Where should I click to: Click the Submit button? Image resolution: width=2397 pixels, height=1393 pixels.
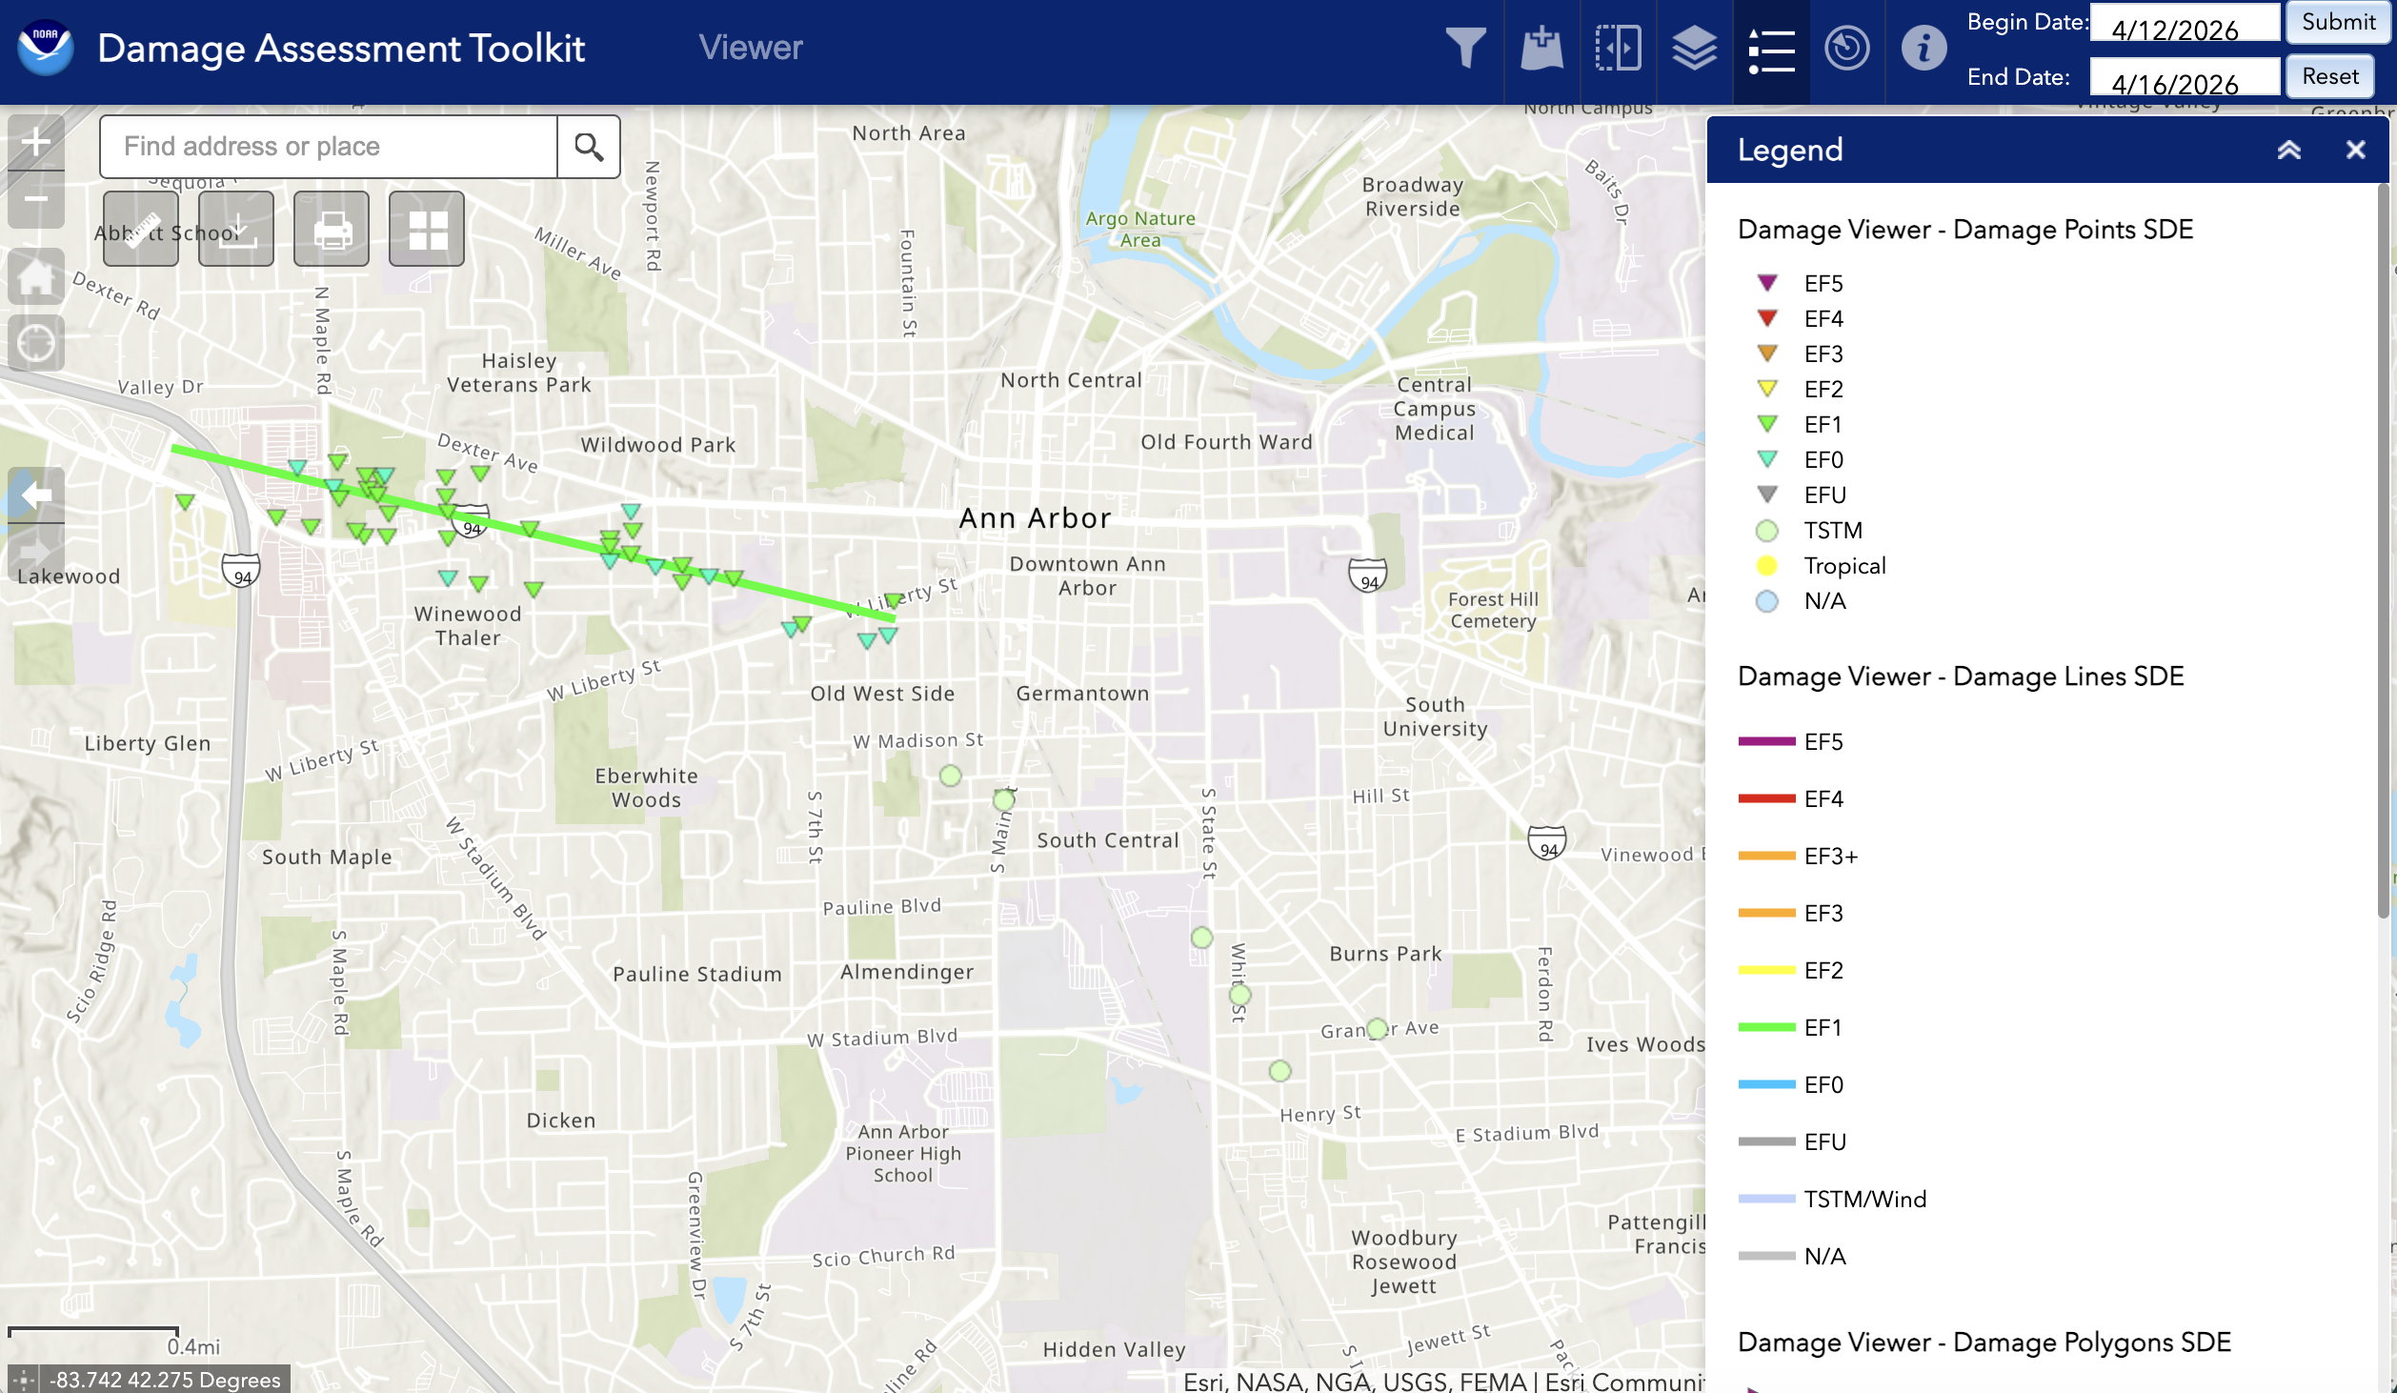tap(2337, 22)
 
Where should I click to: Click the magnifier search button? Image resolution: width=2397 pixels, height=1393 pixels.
tap(589, 147)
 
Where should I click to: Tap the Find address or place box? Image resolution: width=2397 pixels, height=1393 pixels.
tap(329, 147)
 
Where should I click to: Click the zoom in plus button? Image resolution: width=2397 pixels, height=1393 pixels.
tap(36, 142)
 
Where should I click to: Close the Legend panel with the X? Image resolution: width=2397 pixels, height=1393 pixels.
tap(2355, 150)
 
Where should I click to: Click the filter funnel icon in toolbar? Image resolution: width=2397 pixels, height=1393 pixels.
tap(1465, 48)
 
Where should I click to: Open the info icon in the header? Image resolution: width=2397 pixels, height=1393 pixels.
tap(1923, 48)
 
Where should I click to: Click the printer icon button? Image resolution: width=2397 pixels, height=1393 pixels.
tap(332, 229)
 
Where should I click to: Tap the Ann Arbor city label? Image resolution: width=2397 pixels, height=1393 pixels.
tap(1035, 518)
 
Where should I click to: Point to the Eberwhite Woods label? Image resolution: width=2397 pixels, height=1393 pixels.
tap(647, 788)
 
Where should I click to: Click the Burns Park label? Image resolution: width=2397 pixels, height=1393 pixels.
tap(1385, 954)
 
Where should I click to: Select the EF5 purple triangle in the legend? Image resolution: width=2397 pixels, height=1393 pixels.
tap(1767, 283)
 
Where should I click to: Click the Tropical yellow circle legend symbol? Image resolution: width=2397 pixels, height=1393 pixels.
tap(1767, 566)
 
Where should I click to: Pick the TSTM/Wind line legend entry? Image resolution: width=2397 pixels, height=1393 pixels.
tap(1766, 1199)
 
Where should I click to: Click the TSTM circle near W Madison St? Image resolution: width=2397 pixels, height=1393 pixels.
tap(950, 776)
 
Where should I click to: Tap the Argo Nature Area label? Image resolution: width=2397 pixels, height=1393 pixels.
tap(1140, 230)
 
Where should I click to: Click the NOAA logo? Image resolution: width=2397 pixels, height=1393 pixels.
tap(45, 48)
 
